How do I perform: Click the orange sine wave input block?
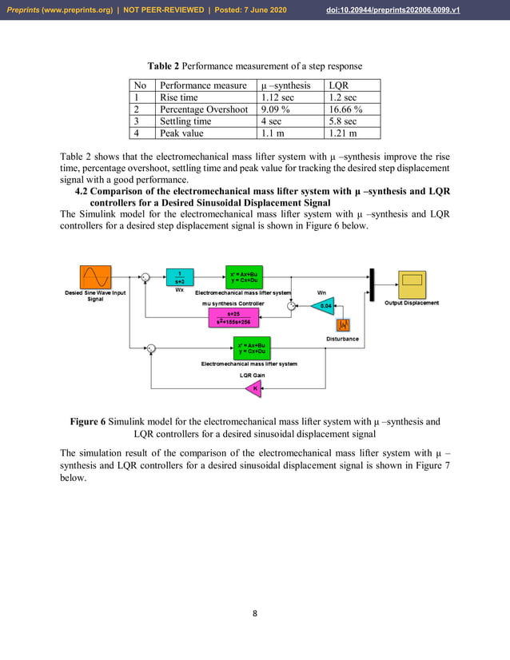(x=94, y=278)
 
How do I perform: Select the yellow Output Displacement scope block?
(x=412, y=280)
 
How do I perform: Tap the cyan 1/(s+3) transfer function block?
(x=180, y=276)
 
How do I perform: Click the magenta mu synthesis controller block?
(x=233, y=317)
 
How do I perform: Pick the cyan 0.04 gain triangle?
(x=324, y=305)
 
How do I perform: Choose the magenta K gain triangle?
(x=254, y=389)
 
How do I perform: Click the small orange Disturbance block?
(x=345, y=325)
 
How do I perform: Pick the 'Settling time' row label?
(x=185, y=121)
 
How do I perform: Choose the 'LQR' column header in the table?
(x=338, y=85)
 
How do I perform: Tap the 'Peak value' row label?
(x=181, y=133)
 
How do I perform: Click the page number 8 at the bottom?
(x=255, y=614)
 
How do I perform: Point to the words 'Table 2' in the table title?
(x=163, y=66)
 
